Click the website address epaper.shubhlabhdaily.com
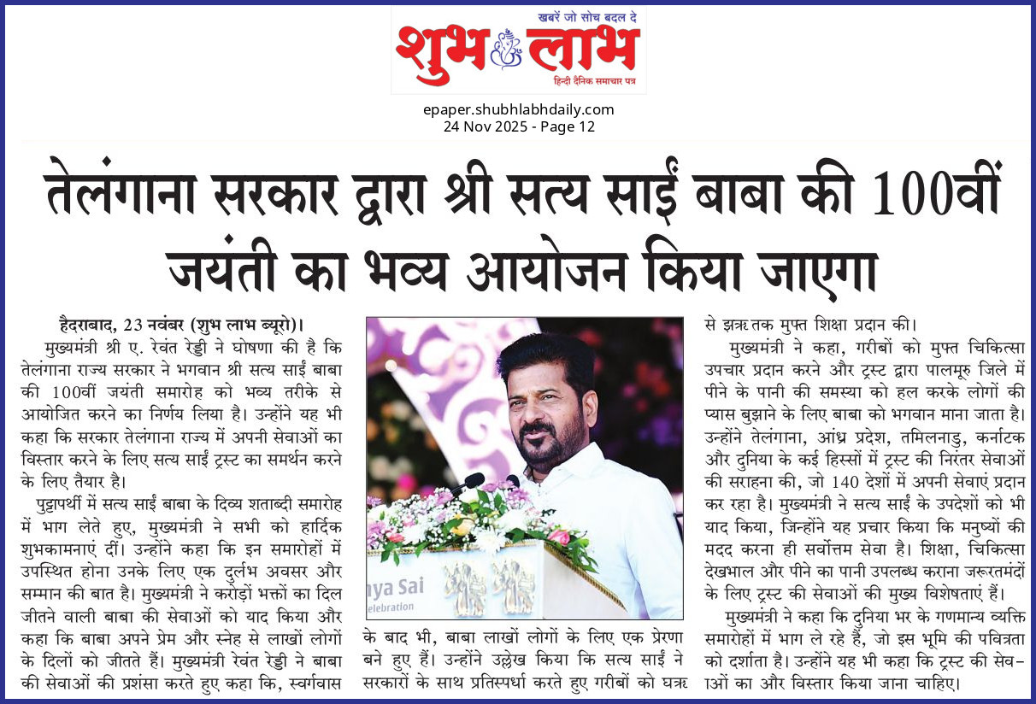click(518, 109)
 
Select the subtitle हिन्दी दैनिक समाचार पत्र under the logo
click(596, 82)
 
